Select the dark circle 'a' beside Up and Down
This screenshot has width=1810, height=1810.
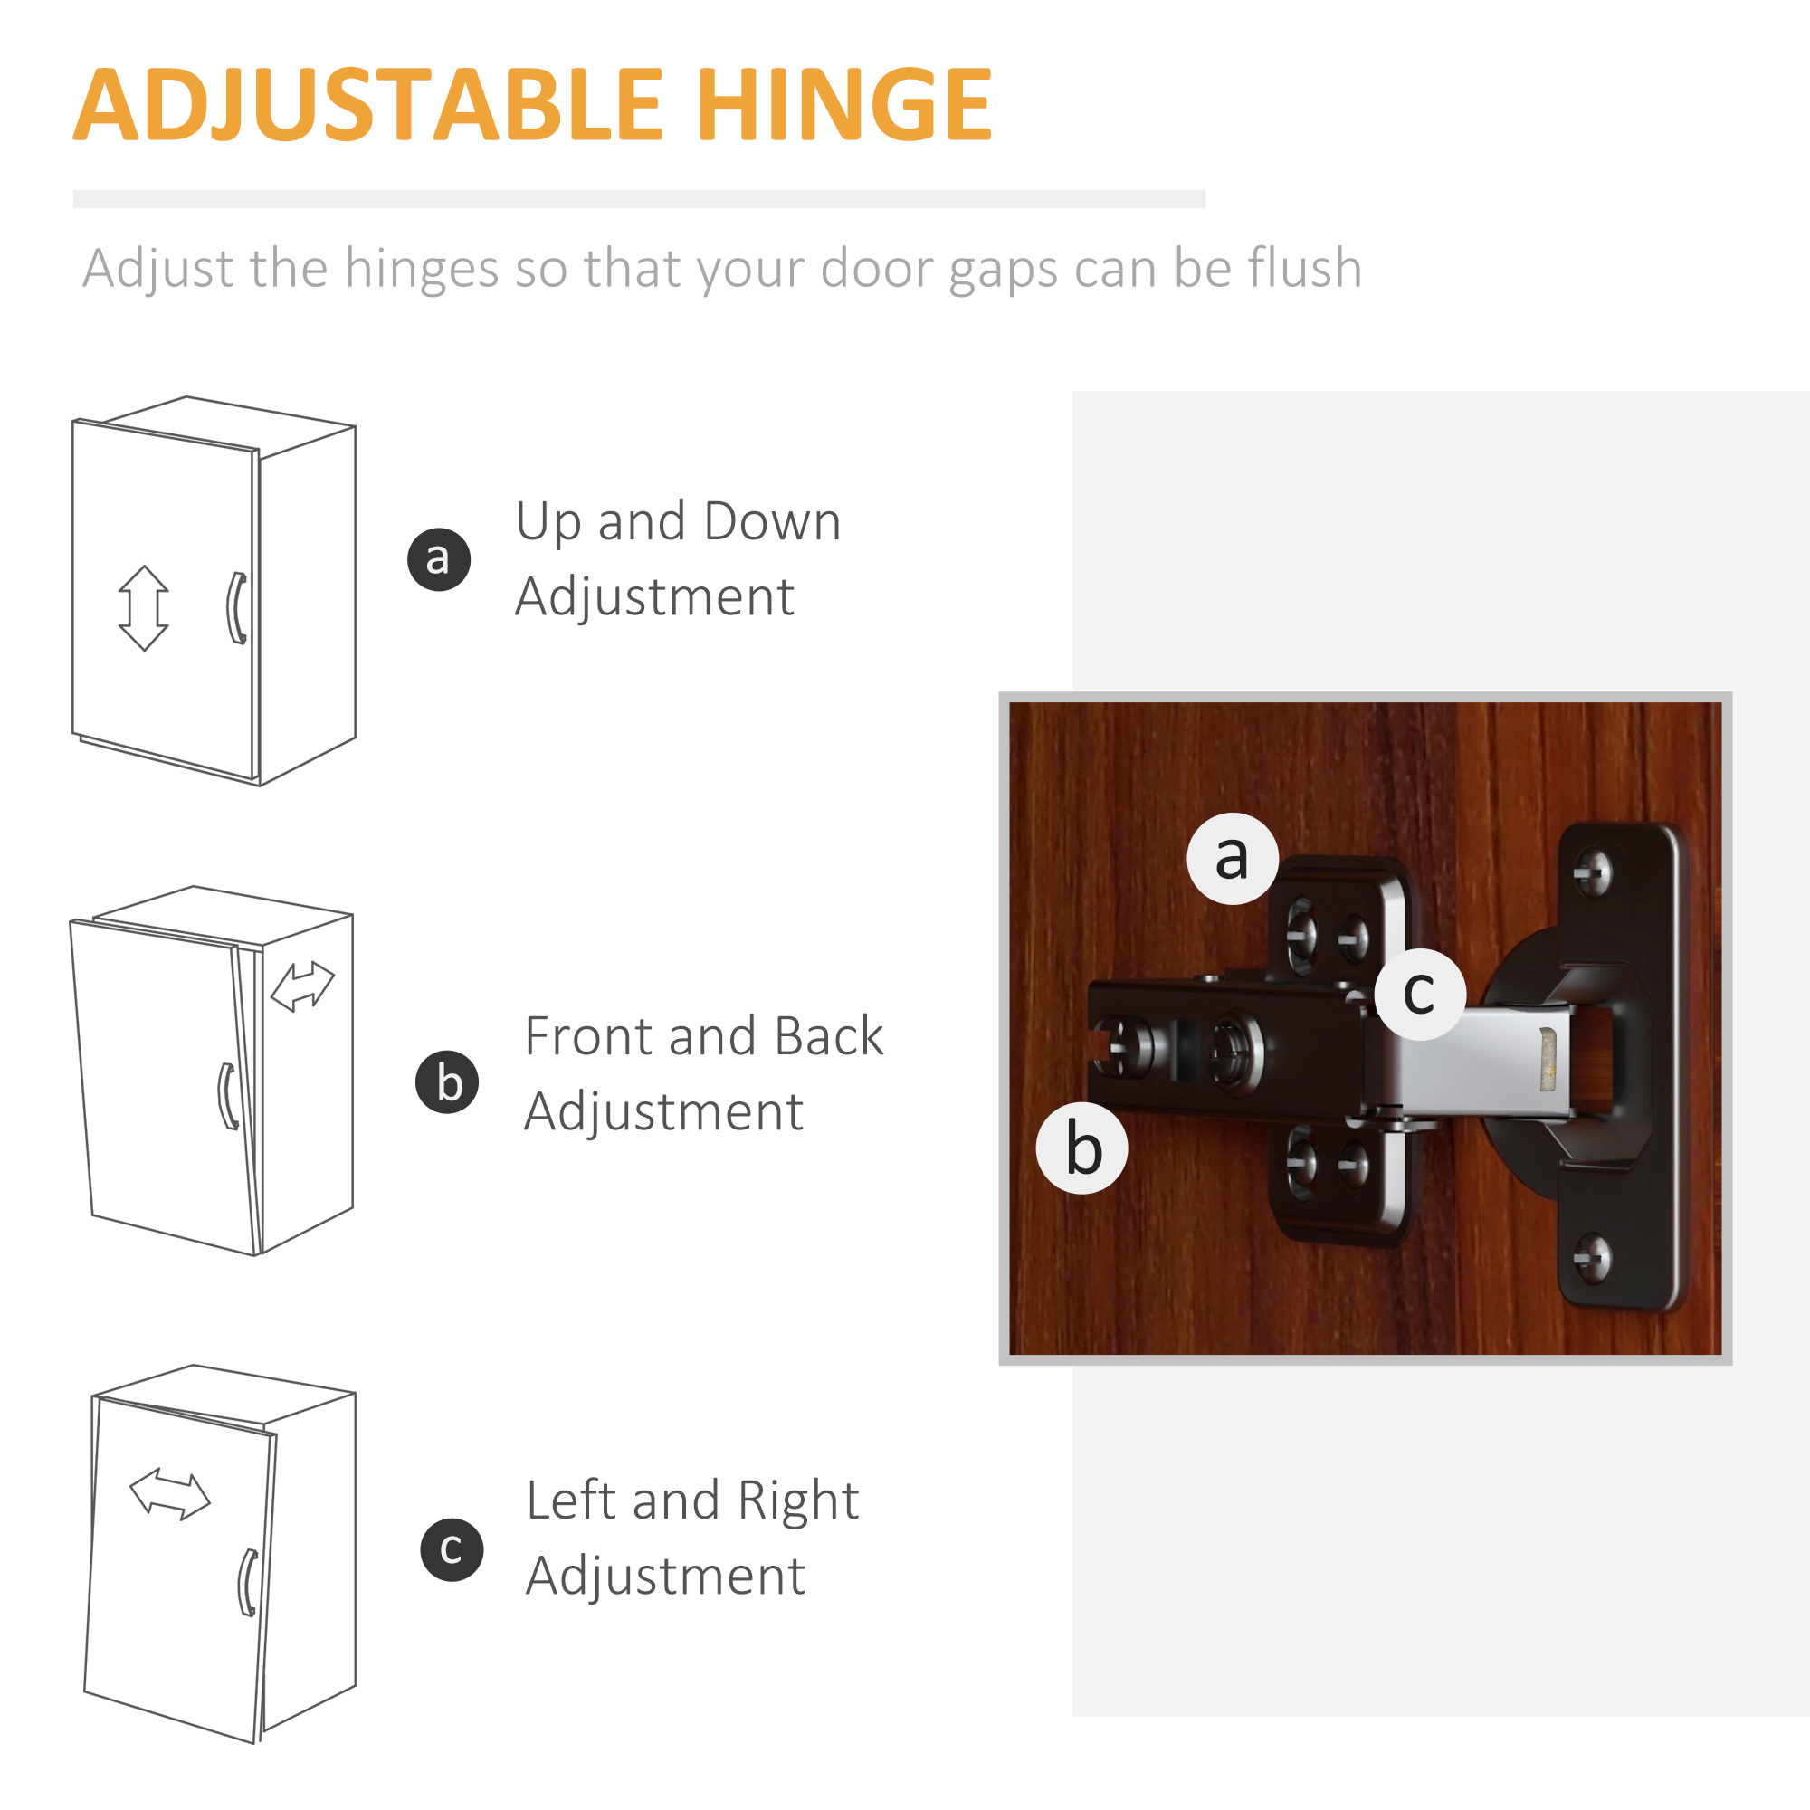438,559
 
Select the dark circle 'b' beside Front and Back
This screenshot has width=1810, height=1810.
447,1082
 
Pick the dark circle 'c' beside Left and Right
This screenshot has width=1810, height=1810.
452,1549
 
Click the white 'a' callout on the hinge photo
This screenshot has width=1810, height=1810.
1232,858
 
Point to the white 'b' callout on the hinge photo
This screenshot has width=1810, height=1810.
1082,1148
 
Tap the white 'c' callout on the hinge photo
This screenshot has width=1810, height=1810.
1419,993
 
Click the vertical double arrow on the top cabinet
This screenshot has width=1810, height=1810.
144,608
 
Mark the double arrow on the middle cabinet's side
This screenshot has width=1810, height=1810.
301,986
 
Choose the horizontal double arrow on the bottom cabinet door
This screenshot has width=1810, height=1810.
169,1493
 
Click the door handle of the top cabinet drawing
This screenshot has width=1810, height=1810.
238,609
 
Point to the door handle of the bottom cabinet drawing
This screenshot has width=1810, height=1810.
248,1583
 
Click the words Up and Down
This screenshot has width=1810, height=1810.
678,522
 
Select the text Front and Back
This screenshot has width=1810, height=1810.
703,1037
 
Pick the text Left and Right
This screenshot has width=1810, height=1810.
692,1500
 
